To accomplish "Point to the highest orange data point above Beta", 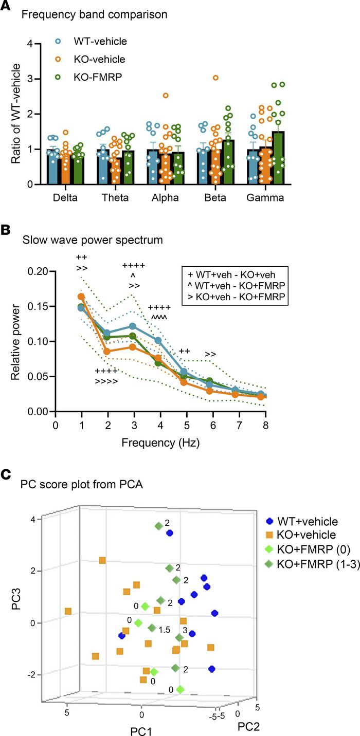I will pyautogui.click(x=215, y=78).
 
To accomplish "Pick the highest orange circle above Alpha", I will pyautogui.click(x=166, y=96).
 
